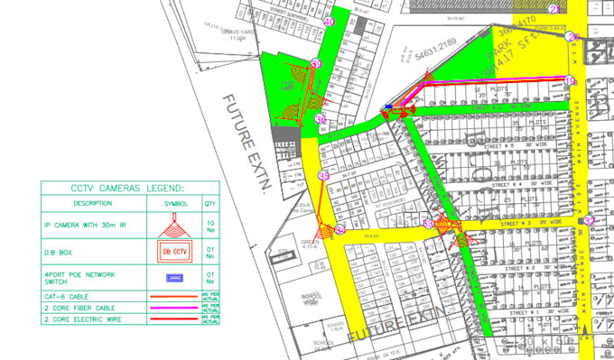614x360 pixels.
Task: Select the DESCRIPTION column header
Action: coord(92,203)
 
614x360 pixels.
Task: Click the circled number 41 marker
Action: coord(329,22)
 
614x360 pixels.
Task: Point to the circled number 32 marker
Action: coord(588,219)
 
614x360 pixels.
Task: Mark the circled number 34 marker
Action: coord(323,174)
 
